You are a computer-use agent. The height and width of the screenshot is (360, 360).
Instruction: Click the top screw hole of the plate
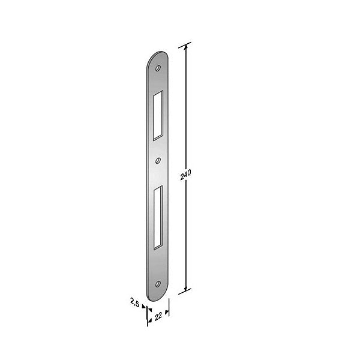158,68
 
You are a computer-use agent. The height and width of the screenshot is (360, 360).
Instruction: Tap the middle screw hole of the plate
158,160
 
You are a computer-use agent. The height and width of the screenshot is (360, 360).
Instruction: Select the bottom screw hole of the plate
158,284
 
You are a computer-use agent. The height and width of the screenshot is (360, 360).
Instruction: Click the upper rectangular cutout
158,115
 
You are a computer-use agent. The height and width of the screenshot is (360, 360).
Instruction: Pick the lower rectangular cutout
158,218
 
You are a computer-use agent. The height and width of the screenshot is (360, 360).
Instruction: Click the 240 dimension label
185,175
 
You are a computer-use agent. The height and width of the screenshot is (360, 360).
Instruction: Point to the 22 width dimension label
158,317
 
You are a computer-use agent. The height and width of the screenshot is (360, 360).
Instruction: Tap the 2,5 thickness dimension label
135,302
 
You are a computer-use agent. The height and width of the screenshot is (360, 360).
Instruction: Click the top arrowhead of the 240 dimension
186,46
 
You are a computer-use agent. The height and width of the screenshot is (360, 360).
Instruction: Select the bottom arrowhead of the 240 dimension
186,289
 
